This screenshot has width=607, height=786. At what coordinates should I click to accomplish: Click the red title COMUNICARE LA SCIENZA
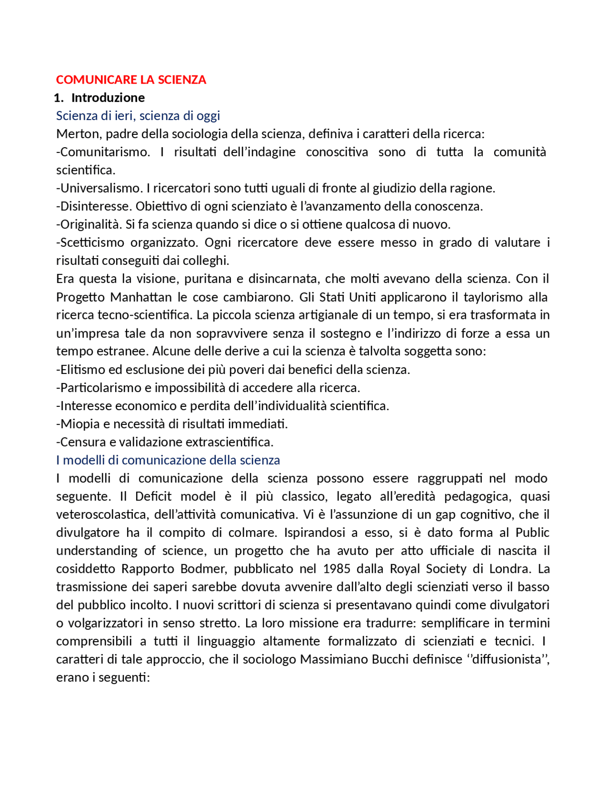(131, 80)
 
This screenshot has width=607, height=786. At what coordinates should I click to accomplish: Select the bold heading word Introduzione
(108, 98)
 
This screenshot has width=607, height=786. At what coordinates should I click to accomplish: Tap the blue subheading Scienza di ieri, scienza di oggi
(138, 116)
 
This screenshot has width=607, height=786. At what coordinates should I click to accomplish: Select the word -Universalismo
(100, 188)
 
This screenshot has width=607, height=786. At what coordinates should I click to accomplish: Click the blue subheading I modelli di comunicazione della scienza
(168, 460)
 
